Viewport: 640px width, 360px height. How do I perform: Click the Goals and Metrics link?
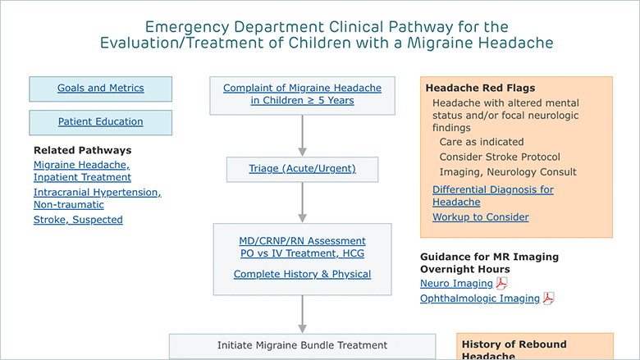tap(100, 88)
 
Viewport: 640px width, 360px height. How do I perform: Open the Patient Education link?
tap(100, 121)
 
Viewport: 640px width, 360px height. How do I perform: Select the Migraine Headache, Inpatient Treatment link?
tap(82, 171)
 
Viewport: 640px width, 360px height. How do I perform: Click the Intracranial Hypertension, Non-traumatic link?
tap(98, 198)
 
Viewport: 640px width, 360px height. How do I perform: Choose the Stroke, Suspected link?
tap(78, 220)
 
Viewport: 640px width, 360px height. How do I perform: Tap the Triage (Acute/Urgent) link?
tap(303, 168)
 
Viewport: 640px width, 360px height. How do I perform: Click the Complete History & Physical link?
tap(303, 274)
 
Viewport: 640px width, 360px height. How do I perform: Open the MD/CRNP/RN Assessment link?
tap(303, 241)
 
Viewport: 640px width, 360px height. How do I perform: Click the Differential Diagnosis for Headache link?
tap(493, 196)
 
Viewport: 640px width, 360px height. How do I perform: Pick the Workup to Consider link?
tap(481, 216)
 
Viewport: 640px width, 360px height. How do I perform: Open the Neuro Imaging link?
tap(457, 284)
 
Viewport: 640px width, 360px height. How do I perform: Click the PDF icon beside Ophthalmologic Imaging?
tap(549, 298)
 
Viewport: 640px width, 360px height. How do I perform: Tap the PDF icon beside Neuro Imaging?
tap(501, 283)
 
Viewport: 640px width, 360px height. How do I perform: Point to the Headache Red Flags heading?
tap(480, 88)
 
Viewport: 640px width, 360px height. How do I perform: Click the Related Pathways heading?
tap(82, 150)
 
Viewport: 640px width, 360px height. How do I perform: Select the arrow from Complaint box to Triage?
tap(303, 135)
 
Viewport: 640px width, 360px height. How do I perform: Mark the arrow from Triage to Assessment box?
tap(303, 203)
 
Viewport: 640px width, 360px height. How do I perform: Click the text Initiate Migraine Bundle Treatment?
tap(302, 345)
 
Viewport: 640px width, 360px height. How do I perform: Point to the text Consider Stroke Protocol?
tap(500, 157)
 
